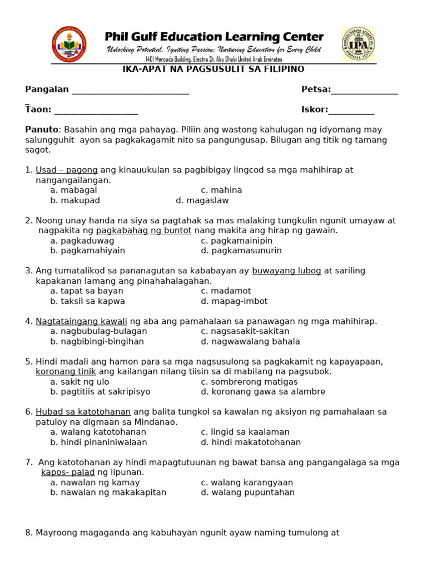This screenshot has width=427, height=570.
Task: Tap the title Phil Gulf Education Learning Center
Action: (214, 37)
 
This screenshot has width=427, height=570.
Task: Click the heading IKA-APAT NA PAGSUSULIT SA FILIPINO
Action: (213, 69)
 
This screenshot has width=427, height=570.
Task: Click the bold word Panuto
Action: (42, 130)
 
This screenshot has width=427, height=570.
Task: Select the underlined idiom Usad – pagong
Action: (67, 170)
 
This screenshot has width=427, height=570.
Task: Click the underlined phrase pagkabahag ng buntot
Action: (143, 230)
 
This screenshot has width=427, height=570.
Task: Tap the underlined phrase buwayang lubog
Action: (286, 271)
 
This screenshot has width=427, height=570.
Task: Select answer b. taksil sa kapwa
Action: (87, 301)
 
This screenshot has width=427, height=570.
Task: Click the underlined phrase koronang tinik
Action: (66, 371)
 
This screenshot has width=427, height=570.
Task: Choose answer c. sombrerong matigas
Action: (249, 382)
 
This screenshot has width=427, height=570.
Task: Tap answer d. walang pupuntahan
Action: (247, 492)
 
